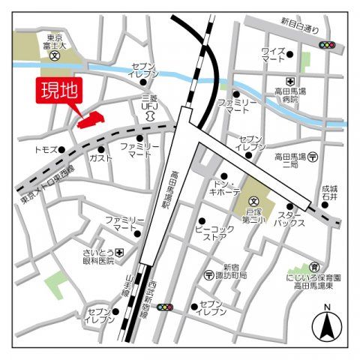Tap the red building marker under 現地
point(91,119)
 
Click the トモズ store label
point(46,150)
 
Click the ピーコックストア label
point(211,230)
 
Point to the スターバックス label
point(289,217)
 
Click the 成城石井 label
point(329,193)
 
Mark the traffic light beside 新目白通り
point(327,45)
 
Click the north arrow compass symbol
point(327,324)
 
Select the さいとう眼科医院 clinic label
point(99,256)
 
